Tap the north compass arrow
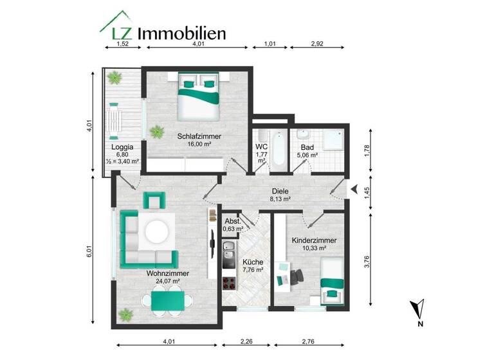coord(418,309)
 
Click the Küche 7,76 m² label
coord(253,265)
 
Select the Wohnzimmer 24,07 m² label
coord(162,276)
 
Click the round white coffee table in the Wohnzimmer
coord(158,231)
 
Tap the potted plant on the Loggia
coord(115,78)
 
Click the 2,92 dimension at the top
coord(317,44)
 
